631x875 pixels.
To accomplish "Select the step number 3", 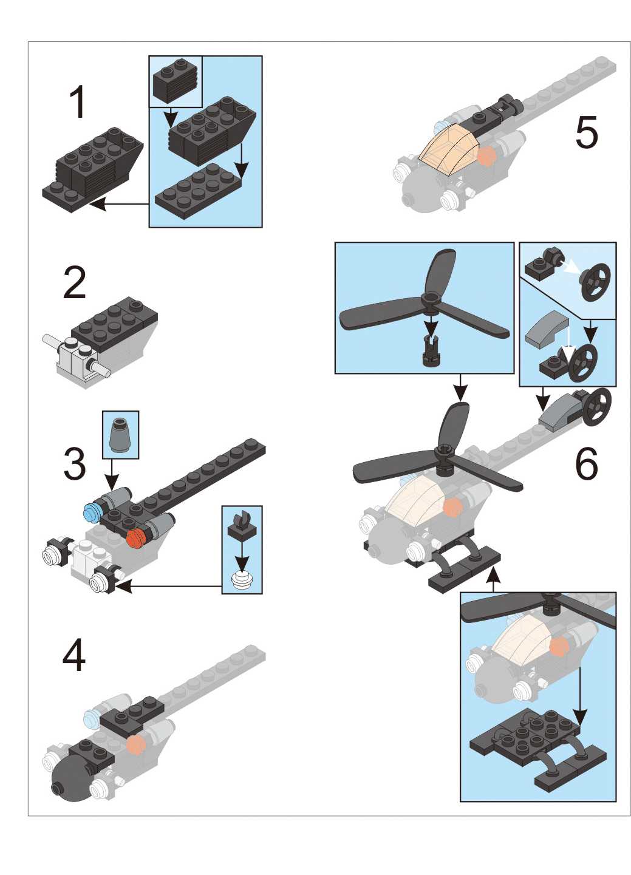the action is point(75,465).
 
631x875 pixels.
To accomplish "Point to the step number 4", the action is point(74,655).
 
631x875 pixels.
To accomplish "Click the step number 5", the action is point(587,132).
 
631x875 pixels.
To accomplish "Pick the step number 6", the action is point(587,464).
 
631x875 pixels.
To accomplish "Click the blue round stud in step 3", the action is point(92,512).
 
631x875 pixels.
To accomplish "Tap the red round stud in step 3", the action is point(136,537).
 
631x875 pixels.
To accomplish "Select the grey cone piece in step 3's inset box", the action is point(120,434).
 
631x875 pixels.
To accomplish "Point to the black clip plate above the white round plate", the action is point(242,524).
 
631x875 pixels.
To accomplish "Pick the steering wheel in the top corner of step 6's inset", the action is point(595,278).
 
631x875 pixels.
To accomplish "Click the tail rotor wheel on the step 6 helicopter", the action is point(596,407).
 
